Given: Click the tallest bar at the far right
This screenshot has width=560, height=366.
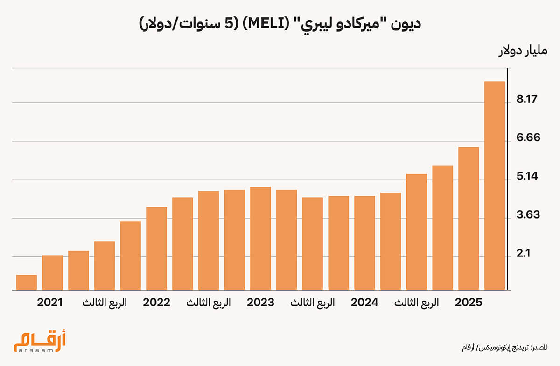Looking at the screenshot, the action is (495, 186).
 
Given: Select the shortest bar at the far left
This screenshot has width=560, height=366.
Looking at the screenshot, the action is (27, 283).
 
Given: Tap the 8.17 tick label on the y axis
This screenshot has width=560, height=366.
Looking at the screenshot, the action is (527, 99).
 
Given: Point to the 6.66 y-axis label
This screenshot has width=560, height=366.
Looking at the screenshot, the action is (528, 138).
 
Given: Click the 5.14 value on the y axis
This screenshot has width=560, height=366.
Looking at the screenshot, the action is (527, 176).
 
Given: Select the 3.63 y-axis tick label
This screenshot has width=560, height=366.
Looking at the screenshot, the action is (528, 215).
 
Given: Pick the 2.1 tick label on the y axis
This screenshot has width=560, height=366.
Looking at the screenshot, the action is (523, 254).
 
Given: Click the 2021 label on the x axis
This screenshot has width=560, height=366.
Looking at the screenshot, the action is (50, 303).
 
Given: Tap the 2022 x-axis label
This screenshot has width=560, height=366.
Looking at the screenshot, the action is (156, 303).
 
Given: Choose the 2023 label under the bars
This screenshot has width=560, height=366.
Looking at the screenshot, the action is (260, 303).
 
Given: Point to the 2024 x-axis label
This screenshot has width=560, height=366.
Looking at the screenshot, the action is (364, 303).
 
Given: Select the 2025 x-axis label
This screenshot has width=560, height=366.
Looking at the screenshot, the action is (469, 303).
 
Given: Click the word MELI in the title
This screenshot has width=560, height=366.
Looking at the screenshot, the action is (267, 24).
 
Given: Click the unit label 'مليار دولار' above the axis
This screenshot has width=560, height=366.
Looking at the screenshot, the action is (523, 51).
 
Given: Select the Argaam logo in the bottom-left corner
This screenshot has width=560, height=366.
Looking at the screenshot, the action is (40, 341).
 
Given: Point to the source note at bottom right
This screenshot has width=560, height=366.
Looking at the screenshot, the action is (504, 347).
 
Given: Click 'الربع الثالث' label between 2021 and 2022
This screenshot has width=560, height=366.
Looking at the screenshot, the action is (105, 303).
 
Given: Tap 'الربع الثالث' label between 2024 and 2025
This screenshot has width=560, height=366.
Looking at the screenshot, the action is (416, 303).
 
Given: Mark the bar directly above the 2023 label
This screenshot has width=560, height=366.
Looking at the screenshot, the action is (260, 239).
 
